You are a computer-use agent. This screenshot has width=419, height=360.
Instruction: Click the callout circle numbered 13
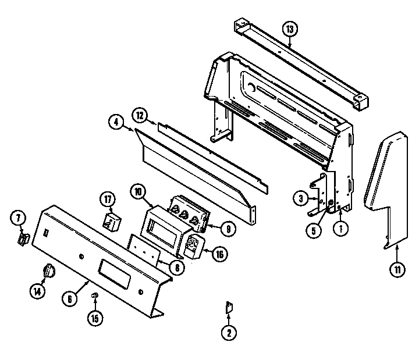pyautogui.click(x=290, y=28)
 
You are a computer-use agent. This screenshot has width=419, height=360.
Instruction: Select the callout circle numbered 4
pyautogui.click(x=116, y=122)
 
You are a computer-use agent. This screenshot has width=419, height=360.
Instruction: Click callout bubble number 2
pyautogui.click(x=228, y=333)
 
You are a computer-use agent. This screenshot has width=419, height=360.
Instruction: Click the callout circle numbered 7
pyautogui.click(x=19, y=219)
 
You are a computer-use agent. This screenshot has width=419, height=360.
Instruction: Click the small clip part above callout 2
pyautogui.click(x=229, y=308)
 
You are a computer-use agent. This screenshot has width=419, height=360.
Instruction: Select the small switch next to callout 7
pyautogui.click(x=24, y=239)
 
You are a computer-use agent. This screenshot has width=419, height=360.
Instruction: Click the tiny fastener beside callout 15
pyautogui.click(x=95, y=297)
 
